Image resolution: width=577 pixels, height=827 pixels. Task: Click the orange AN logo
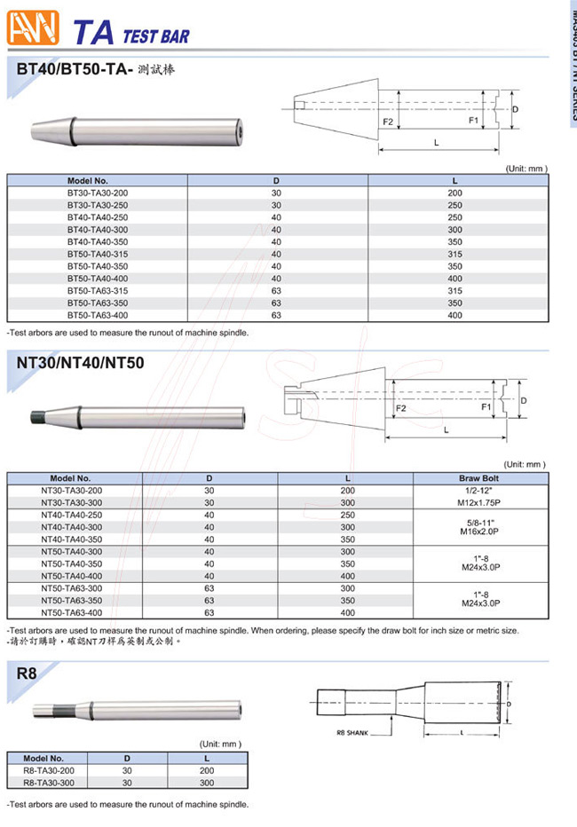pyautogui.click(x=32, y=28)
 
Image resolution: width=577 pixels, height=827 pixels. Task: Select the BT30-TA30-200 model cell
pyautogui.click(x=97, y=193)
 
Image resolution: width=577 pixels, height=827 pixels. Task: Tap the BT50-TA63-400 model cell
pyautogui.click(x=97, y=315)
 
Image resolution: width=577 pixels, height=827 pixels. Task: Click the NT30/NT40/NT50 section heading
pyautogui.click(x=80, y=363)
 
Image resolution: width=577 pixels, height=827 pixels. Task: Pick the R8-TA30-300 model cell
pyautogui.click(x=50, y=784)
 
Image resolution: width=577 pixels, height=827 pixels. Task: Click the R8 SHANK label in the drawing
pyautogui.click(x=352, y=733)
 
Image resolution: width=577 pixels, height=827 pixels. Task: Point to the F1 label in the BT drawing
pyautogui.click(x=473, y=119)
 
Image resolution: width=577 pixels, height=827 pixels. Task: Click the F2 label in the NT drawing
pyautogui.click(x=400, y=408)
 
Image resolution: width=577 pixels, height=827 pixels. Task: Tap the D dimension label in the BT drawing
pyautogui.click(x=515, y=108)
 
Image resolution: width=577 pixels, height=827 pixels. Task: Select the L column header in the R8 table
pyautogui.click(x=206, y=759)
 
